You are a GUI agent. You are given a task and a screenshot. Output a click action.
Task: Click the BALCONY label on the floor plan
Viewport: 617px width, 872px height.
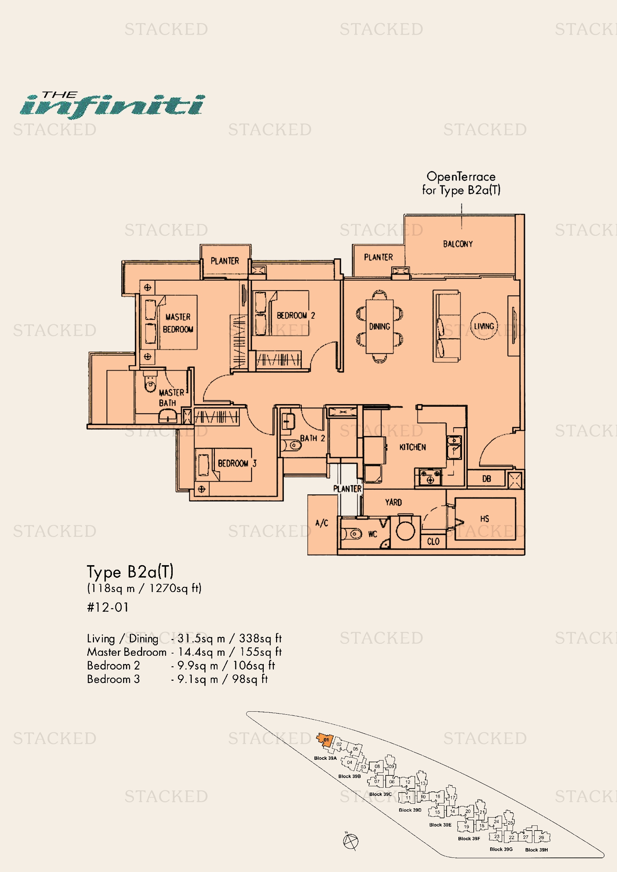click(x=457, y=244)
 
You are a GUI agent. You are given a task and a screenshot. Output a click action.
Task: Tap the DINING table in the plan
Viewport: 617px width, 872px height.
click(x=379, y=326)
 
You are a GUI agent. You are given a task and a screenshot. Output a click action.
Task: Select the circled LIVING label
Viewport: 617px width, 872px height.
click(x=484, y=326)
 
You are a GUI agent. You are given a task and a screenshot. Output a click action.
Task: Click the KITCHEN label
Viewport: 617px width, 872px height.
click(x=412, y=447)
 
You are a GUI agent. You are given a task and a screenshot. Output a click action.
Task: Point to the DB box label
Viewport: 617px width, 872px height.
click(x=486, y=479)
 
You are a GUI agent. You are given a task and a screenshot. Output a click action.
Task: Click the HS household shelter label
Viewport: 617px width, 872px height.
click(x=485, y=519)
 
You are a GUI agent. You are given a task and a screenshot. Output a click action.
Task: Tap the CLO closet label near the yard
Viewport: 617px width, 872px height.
click(x=433, y=542)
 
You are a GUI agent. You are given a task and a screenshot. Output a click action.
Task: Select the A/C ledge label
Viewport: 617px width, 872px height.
click(x=322, y=523)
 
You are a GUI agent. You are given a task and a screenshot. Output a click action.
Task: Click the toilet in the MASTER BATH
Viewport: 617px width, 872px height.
click(x=150, y=383)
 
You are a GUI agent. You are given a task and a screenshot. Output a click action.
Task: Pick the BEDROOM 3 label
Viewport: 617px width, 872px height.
click(x=237, y=463)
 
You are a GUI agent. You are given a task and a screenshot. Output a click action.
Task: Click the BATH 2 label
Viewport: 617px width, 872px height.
click(x=312, y=438)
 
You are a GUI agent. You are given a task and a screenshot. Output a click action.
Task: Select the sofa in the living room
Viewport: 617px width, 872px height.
click(x=447, y=326)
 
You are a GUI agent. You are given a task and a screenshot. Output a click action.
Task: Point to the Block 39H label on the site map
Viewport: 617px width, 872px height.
click(x=536, y=850)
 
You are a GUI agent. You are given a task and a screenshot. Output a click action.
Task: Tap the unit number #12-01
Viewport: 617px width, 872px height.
click(x=108, y=607)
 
